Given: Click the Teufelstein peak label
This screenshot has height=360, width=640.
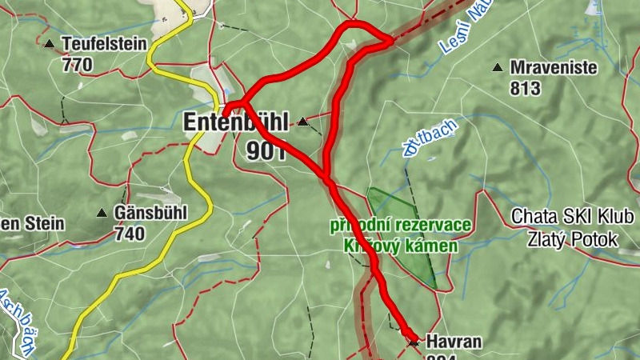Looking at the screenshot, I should tap(104, 44).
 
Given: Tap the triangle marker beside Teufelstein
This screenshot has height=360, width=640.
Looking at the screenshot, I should tap(50, 44).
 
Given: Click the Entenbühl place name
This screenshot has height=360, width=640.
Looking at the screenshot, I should tap(237, 123).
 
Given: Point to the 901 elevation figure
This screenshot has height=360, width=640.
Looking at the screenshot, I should tap(266, 151).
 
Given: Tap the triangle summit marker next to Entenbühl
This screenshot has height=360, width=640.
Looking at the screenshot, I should tap(302, 122).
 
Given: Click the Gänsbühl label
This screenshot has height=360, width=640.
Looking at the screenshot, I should tap(150, 214).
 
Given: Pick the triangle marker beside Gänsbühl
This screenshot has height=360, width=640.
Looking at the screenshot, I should tap(102, 214).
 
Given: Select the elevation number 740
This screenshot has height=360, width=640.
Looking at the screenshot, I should tap(130, 234).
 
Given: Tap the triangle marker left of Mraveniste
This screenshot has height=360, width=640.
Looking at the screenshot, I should tap(498, 68).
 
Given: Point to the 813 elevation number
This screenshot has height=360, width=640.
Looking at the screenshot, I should tap(526, 89).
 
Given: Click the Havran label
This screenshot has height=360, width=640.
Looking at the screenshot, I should tap(454, 342).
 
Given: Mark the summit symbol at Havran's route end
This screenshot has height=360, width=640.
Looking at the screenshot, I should tap(413, 342).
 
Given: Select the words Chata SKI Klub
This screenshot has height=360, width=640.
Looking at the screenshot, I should tap(573, 217).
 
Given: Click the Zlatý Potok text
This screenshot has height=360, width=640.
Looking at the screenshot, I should tap(573, 238).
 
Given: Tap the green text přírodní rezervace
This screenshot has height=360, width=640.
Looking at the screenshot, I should tap(400, 225).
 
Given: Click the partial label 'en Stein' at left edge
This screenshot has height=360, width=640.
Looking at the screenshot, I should tap(32, 223).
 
